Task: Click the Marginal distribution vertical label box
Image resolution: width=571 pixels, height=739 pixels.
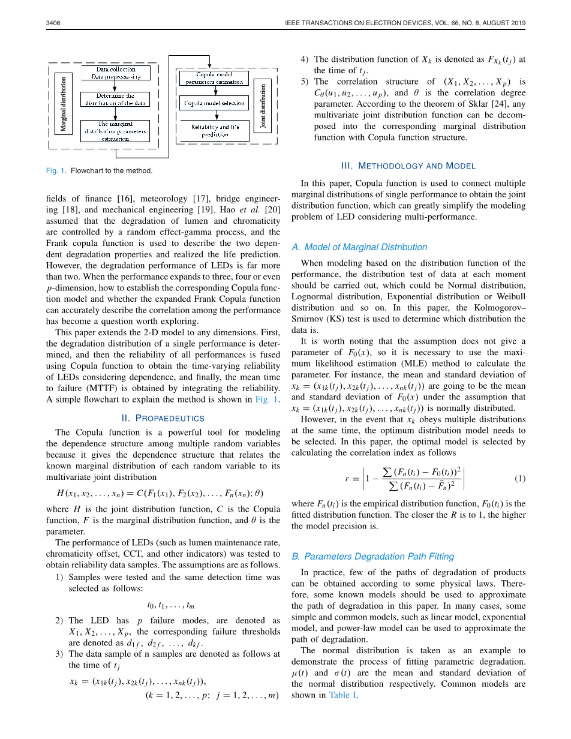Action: pyautogui.click(x=64, y=103)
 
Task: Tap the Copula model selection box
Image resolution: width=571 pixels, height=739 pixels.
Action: pyautogui.click(x=215, y=103)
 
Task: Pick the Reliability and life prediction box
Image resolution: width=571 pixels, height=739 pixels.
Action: pyautogui.click(x=215, y=131)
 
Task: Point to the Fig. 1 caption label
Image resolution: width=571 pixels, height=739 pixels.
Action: pyautogui.click(x=56, y=170)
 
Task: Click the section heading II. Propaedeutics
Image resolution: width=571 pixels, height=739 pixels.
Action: pyautogui.click(x=163, y=418)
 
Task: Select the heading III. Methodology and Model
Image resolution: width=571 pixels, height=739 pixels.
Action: pyautogui.click(x=408, y=166)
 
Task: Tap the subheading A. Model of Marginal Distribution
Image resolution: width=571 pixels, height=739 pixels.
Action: pyautogui.click(x=359, y=247)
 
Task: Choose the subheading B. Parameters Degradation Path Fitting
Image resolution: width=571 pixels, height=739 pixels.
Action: pyautogui.click(x=372, y=556)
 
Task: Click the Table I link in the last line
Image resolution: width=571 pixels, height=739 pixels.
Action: pyautogui.click(x=343, y=695)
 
